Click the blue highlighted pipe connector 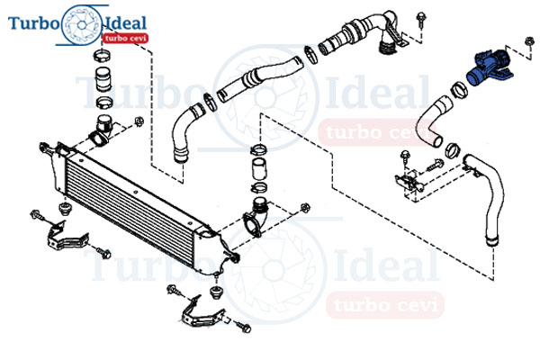tap(489, 68)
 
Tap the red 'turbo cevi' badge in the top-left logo tap(125, 38)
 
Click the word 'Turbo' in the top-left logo tap(34, 23)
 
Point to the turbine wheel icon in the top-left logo tap(82, 25)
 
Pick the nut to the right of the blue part tap(529, 41)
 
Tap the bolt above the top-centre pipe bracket tap(420, 19)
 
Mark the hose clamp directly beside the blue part tap(460, 90)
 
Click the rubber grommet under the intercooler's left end tap(64, 209)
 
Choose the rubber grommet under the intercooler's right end tap(216, 292)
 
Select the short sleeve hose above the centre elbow tap(260, 169)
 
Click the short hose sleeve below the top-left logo tap(103, 79)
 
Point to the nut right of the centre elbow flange tap(305, 208)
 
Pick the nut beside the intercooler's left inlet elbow tap(139, 121)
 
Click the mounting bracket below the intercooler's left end tap(67, 237)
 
